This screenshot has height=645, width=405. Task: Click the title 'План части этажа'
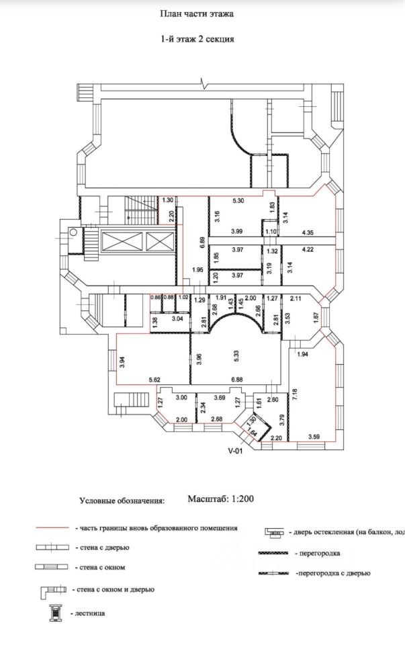[x=197, y=13]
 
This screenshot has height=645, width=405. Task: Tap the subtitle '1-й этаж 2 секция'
[x=197, y=39]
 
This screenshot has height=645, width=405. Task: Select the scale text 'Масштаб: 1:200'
[x=220, y=499]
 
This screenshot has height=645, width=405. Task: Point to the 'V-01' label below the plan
[x=235, y=451]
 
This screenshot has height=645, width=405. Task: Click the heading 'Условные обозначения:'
[x=122, y=501]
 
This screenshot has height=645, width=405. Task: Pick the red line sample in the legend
[x=53, y=529]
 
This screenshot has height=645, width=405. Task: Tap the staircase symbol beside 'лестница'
[x=53, y=613]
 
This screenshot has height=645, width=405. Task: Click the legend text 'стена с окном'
[x=100, y=568]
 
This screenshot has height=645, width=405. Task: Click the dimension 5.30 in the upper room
[x=238, y=201]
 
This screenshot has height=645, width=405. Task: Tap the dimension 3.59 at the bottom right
[x=314, y=437]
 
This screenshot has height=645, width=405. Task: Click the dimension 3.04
[x=178, y=318]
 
